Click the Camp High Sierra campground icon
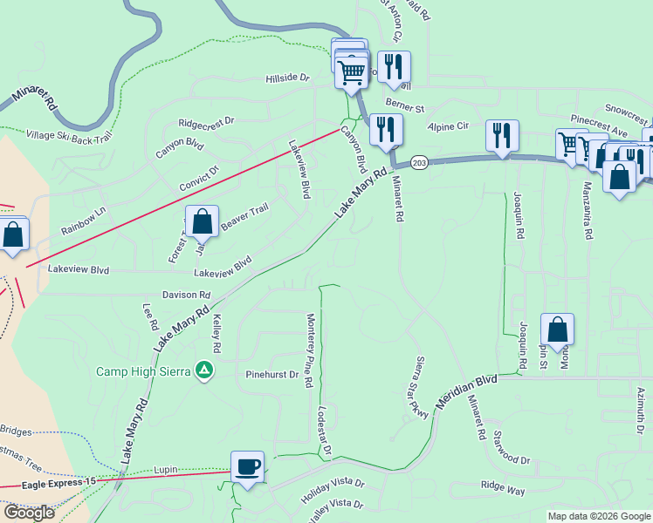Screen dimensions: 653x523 [x=204, y=370]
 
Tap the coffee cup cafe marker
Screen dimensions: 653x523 [x=248, y=467]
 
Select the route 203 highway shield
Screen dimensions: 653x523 [x=419, y=164]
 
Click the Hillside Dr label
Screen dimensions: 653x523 [x=288, y=78]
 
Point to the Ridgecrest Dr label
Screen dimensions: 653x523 [x=207, y=123]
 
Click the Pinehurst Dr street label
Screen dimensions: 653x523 [x=272, y=376]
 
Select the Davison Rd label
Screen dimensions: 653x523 [x=185, y=295]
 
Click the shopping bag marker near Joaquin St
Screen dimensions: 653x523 [x=557, y=330]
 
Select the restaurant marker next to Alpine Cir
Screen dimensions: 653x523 [x=502, y=135]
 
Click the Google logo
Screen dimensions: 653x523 [x=29, y=513]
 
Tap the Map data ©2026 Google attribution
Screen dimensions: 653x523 [x=599, y=516]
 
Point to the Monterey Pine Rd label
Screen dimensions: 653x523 [x=309, y=351]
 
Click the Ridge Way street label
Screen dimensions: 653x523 [x=503, y=490]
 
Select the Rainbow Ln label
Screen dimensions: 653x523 [x=84, y=220]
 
